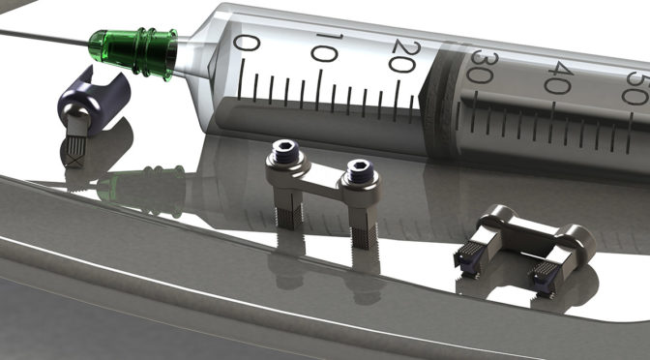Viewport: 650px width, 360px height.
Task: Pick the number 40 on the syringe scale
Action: coord(556,78)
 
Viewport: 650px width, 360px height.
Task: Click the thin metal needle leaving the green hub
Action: coord(39,37)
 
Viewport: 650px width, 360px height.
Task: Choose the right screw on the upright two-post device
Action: coord(358,168)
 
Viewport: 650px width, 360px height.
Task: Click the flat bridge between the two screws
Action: coord(319,176)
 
